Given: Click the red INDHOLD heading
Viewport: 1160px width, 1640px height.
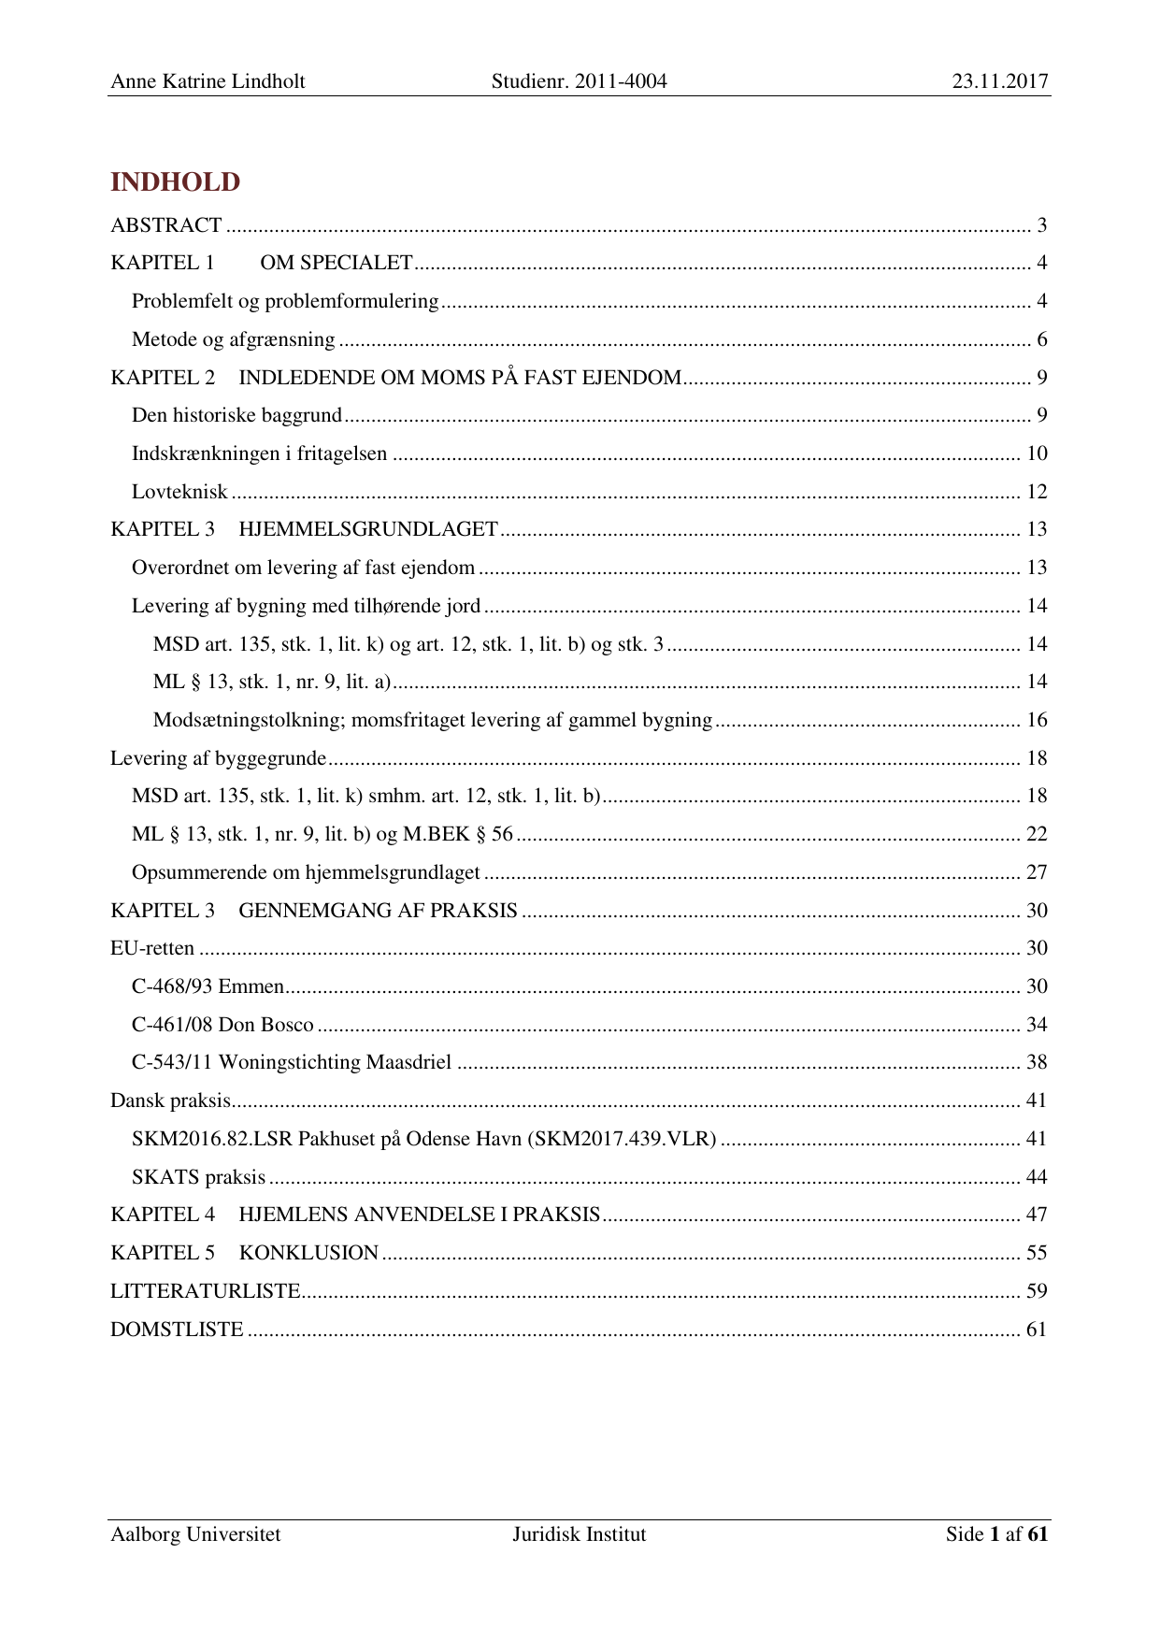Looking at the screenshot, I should click(175, 182).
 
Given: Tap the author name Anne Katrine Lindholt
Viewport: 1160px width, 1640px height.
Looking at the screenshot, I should click(208, 81).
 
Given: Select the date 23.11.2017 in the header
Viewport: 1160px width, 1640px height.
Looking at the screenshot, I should click(1000, 81).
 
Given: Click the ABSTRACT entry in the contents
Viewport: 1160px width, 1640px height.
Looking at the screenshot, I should click(165, 225).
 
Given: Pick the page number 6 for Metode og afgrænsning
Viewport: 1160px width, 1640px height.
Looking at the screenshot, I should click(1041, 339).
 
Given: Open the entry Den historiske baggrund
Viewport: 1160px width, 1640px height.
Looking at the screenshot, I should click(236, 415).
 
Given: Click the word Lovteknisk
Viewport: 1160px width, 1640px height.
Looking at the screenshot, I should click(179, 492).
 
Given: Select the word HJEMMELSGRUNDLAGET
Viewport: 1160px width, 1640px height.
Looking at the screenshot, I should click(368, 529).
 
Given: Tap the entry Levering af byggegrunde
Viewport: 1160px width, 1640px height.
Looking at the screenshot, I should click(218, 758).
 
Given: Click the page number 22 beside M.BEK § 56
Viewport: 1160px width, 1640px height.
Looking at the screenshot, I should click(1037, 834).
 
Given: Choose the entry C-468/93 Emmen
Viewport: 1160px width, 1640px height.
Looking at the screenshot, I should click(208, 986).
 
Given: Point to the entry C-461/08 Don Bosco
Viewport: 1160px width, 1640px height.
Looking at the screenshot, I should click(222, 1025).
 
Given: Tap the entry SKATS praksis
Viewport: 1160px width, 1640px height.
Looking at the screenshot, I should click(198, 1177).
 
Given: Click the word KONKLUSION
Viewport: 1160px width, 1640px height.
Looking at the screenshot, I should click(308, 1253).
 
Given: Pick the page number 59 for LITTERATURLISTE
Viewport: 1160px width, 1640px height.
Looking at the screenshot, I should click(1037, 1291).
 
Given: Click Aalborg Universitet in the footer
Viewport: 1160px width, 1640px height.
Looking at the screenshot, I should click(195, 1534).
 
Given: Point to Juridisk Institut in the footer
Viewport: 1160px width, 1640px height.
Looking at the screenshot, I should click(579, 1534).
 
